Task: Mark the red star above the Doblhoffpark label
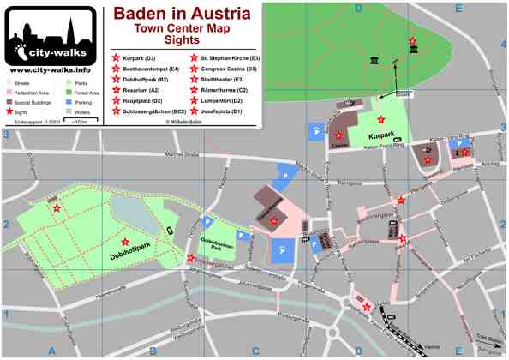(x=126, y=242)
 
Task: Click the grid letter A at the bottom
(x=51, y=351)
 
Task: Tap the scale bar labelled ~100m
(x=82, y=123)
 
